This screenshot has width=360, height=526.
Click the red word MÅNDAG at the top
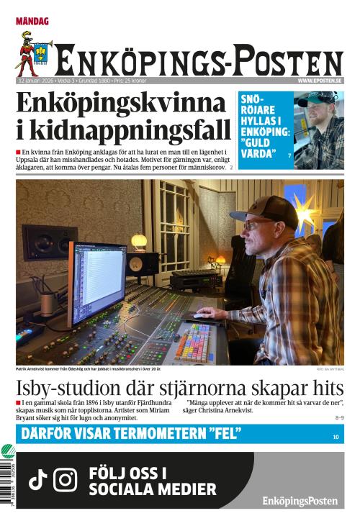(x=32, y=22)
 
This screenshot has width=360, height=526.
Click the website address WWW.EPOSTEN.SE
(x=320, y=81)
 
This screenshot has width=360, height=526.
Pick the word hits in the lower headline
(x=324, y=386)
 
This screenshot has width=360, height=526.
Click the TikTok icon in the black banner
(x=37, y=479)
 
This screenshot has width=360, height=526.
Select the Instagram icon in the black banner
(x=66, y=479)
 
